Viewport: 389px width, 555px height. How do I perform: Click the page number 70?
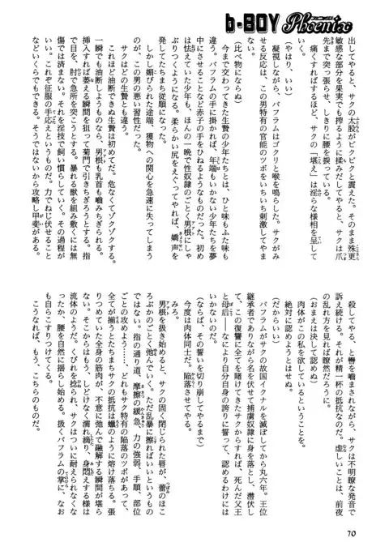[350, 532]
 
